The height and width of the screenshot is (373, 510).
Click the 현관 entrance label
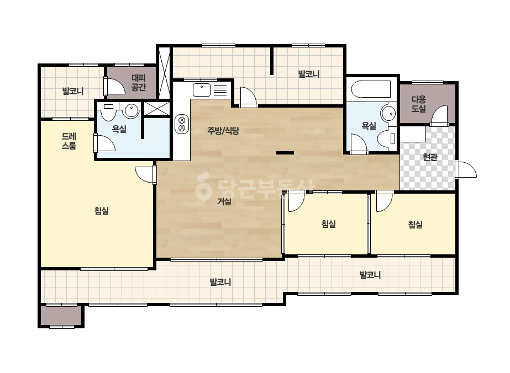430,157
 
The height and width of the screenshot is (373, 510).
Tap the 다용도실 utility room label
419,104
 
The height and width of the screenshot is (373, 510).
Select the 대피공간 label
139,83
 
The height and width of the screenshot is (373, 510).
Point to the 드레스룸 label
69,141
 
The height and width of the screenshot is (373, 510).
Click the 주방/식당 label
223,131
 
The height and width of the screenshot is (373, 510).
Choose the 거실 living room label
224,202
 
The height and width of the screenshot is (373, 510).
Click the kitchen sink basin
202,90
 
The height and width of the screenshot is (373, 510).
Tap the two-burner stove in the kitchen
182,124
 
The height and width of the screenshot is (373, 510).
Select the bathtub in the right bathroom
371,89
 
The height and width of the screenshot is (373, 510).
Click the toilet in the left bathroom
108,111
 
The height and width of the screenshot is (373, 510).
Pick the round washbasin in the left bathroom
132,110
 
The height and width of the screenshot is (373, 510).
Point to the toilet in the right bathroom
386,138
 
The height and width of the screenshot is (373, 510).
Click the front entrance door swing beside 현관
466,169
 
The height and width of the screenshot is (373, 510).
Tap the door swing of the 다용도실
439,115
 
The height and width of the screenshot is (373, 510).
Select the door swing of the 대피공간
114,86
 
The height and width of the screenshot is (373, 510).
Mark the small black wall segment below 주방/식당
285,153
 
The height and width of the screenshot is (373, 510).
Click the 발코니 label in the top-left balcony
73,91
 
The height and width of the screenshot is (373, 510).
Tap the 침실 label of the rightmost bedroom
416,225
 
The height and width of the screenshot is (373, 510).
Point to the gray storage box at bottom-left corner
61,316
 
